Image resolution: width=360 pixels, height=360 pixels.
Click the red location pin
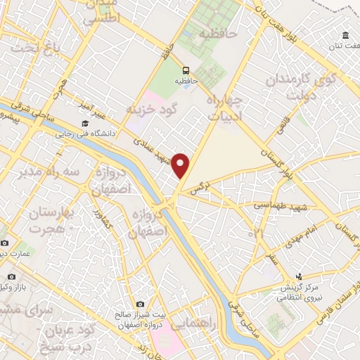click(x=181, y=165)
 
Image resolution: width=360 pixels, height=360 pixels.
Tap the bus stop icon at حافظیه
click(x=186, y=70)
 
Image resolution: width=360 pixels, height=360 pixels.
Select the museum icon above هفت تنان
click(x=345, y=36)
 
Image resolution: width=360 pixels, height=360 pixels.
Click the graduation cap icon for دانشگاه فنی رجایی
click(x=85, y=124)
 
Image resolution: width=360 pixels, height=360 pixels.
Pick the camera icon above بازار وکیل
click(x=11, y=277)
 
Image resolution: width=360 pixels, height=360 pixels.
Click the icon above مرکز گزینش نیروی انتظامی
click(x=299, y=276)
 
